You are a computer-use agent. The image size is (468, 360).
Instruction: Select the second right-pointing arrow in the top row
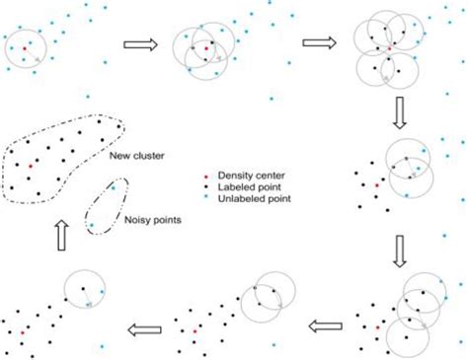tap(317, 43)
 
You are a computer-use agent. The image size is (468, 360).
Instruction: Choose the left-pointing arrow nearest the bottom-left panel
tap(146, 326)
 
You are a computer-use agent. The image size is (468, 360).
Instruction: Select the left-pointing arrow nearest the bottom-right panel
tap(328, 325)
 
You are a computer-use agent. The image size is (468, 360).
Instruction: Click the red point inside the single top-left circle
tap(24, 46)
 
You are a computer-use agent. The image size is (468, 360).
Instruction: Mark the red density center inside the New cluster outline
tap(31, 168)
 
